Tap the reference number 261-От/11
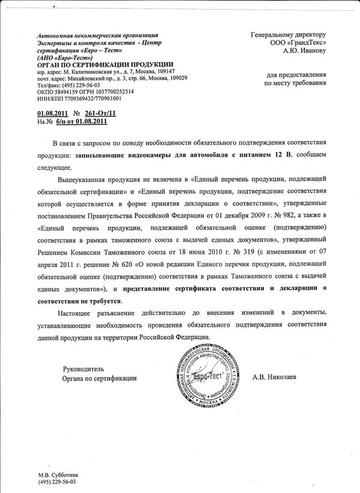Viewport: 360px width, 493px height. tap(101, 113)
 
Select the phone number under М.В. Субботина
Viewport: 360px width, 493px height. tap(58, 482)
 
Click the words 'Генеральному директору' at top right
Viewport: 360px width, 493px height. tap(288, 35)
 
